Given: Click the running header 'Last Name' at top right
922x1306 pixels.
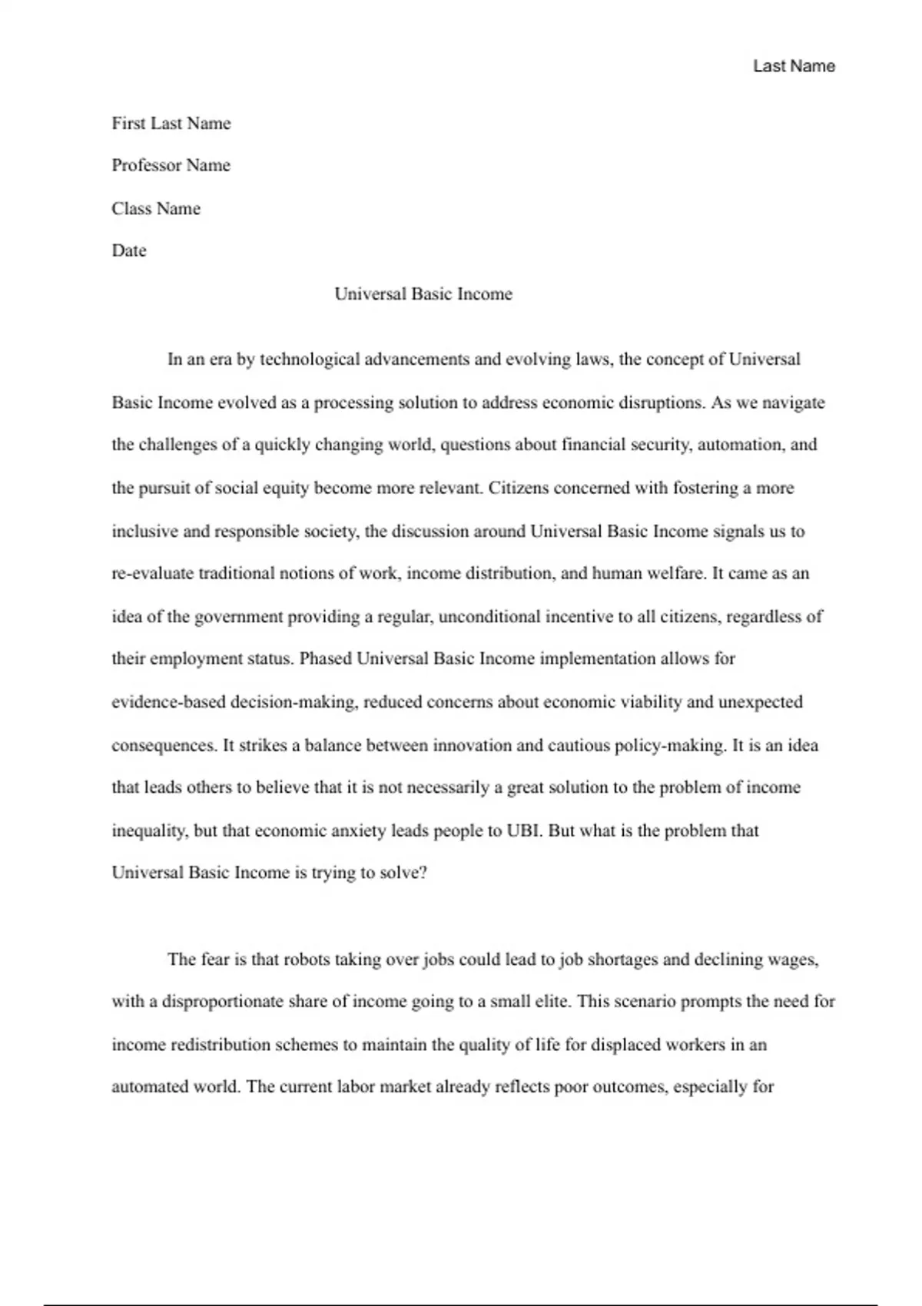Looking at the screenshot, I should pos(794,66).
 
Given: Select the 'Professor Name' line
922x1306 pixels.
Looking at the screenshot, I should pos(171,165).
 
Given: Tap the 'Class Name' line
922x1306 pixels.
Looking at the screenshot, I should pos(156,208).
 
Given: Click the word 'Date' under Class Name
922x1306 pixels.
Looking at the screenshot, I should pos(129,250).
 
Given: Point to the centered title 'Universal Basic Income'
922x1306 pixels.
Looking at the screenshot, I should pos(423,293).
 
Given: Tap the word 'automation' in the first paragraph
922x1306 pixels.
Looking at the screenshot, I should pos(737,445).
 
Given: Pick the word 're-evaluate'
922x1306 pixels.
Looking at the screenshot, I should pos(153,573).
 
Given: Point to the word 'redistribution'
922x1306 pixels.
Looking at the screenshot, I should pos(220,1045).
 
